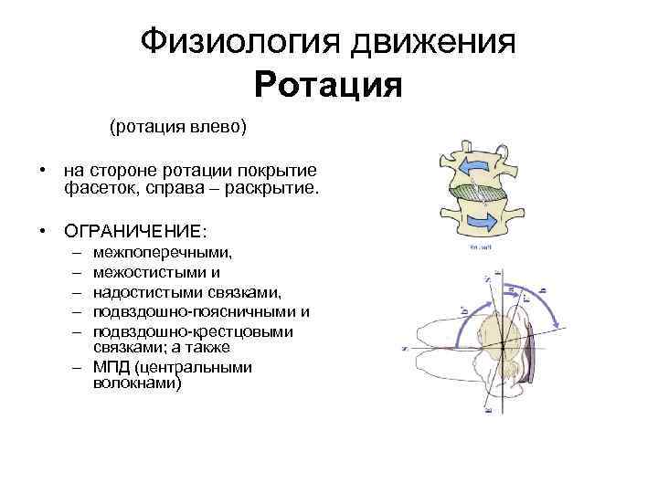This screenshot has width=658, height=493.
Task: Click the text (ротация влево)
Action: pos(178,126)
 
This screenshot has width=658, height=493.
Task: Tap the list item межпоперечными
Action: pos(163,252)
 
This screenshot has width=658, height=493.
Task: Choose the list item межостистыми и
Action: pos(156,271)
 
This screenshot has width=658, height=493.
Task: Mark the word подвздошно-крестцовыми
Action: pos(193,332)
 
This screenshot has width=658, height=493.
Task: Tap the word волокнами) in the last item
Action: pos(137,384)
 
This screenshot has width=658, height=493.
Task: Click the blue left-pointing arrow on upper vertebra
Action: pos(476,165)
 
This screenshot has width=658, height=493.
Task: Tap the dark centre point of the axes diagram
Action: pos(502,344)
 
